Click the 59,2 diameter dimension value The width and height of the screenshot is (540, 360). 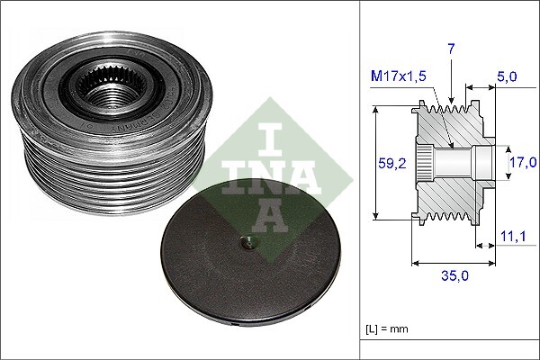(x=386, y=162)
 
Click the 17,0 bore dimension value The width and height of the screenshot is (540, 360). (x=523, y=162)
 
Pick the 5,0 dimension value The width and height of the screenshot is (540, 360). (x=508, y=77)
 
